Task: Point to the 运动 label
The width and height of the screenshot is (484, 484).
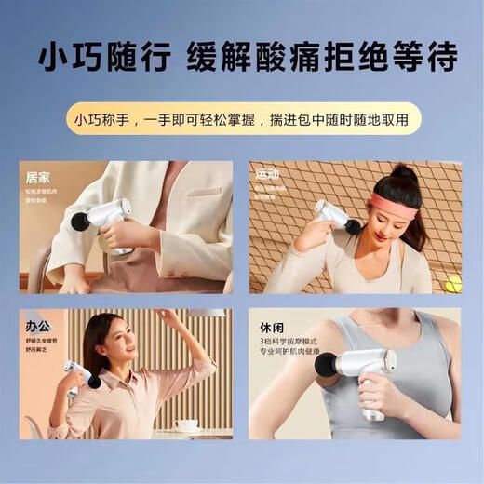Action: (x=268, y=174)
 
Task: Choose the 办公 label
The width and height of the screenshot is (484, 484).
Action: (x=37, y=328)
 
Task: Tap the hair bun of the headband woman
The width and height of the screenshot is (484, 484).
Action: (x=401, y=174)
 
